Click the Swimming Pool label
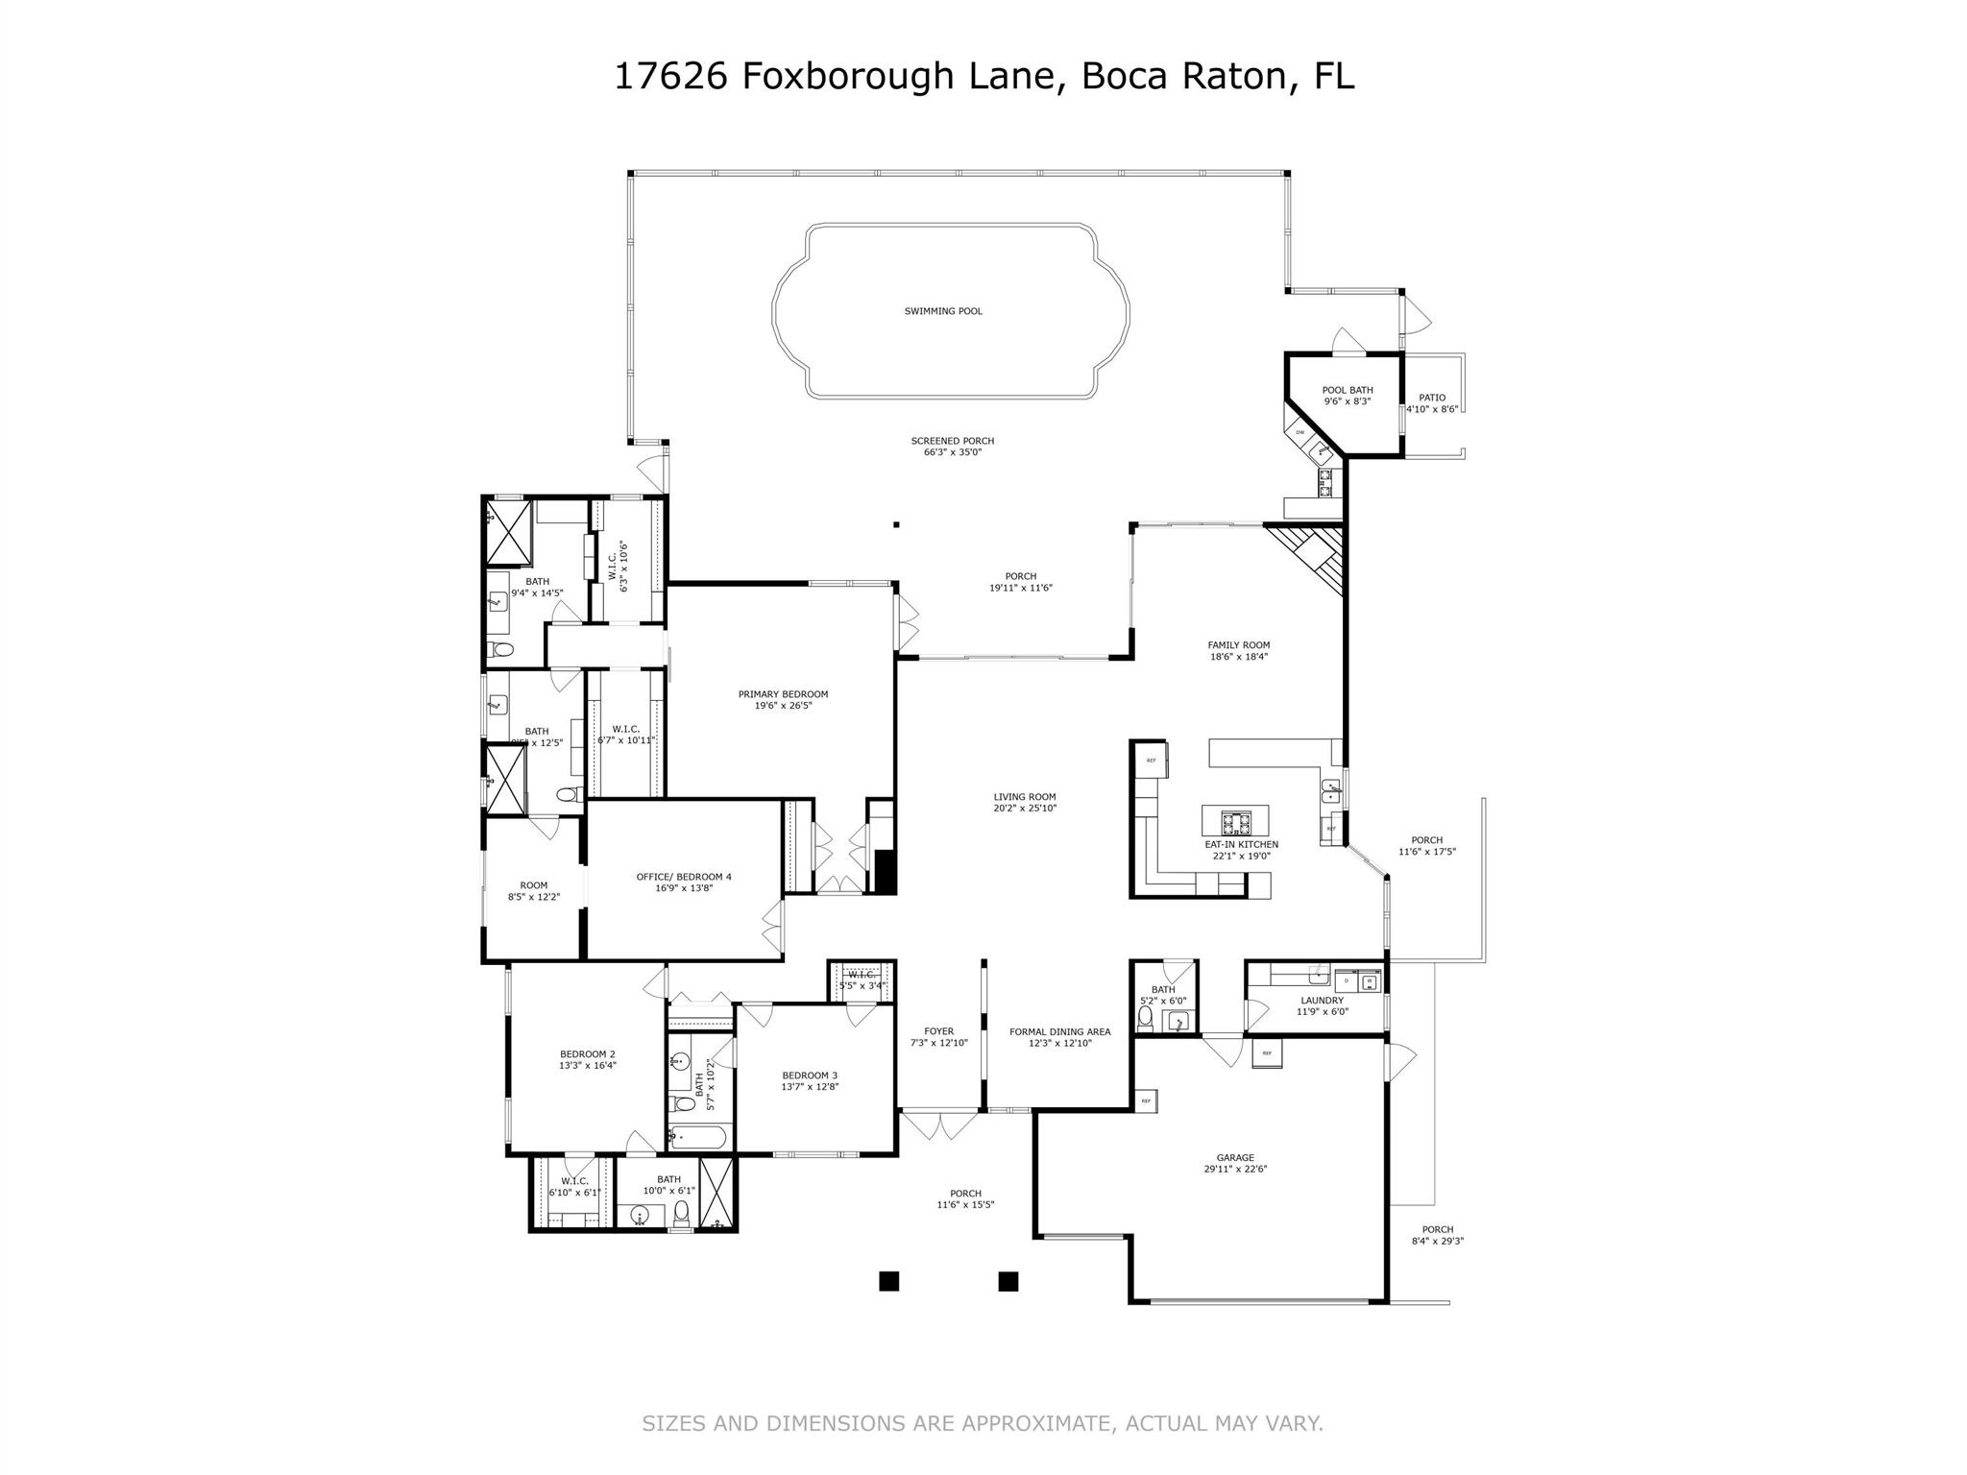click(x=943, y=311)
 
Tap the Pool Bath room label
click(x=1347, y=390)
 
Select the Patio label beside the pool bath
click(x=1432, y=398)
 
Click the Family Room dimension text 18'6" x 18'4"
click(x=1239, y=657)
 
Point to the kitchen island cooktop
click(x=1235, y=823)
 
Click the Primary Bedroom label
click(x=783, y=694)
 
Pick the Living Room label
click(x=1025, y=796)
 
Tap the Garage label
click(x=1234, y=1157)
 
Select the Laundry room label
click(x=1322, y=1000)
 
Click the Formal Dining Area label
click(x=1059, y=1031)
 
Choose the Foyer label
click(x=938, y=1031)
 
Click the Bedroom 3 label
click(x=810, y=1075)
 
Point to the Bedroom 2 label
click(x=587, y=1053)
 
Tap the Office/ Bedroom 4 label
click(x=684, y=876)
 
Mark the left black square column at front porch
click(x=888, y=1280)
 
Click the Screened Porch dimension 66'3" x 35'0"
click(x=952, y=452)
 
